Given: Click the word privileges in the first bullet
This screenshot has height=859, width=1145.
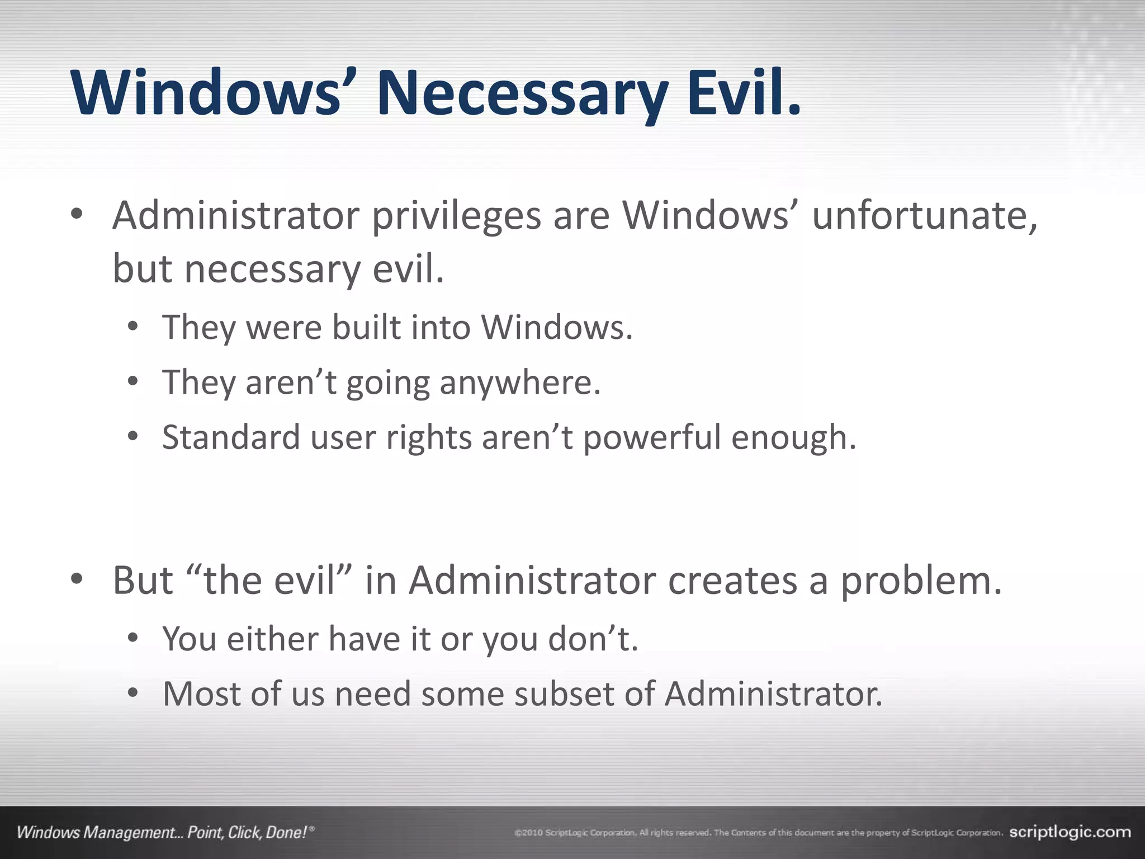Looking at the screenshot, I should click(456, 216).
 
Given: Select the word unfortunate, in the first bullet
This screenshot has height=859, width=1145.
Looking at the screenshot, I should click(925, 216).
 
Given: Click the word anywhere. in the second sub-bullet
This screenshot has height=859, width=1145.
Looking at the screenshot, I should click(520, 383).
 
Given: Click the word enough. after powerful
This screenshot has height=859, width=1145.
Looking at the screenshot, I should click(794, 437).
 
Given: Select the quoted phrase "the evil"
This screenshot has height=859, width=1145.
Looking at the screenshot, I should click(272, 580).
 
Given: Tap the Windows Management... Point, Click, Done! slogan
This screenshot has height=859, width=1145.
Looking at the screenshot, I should click(165, 833).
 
